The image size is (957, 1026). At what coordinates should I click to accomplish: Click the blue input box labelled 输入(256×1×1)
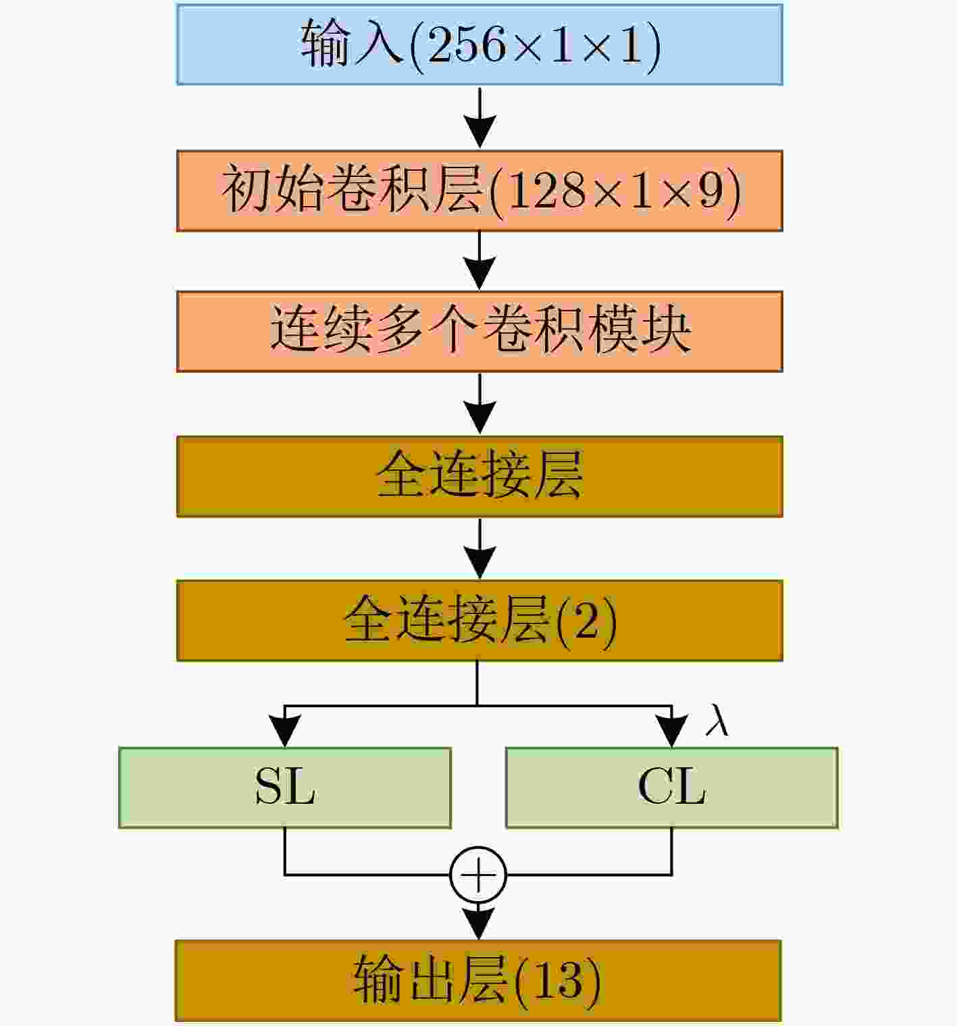point(480,45)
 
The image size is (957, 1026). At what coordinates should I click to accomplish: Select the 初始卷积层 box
point(480,190)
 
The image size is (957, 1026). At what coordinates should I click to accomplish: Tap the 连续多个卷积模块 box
point(480,332)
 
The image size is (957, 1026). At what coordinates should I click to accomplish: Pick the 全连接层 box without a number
point(480,476)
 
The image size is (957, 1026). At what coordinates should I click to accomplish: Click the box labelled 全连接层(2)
point(480,621)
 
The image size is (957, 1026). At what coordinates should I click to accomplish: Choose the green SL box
point(285,788)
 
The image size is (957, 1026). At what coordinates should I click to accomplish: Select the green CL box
point(672,788)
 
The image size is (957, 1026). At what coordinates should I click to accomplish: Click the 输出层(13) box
point(478,981)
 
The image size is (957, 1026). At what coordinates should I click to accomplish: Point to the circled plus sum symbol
point(478,875)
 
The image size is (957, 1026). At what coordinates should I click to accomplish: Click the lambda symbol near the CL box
point(717,719)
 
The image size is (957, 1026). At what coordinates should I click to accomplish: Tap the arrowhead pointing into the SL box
point(285,731)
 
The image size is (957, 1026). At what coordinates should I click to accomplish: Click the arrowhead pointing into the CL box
point(672,731)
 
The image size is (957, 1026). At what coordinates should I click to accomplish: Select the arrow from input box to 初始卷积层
point(480,118)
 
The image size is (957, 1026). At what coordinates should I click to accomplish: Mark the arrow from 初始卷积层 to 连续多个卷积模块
point(480,261)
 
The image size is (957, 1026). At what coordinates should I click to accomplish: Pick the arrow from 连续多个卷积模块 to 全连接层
point(480,404)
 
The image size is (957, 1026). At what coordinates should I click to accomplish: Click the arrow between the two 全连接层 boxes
point(480,548)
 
